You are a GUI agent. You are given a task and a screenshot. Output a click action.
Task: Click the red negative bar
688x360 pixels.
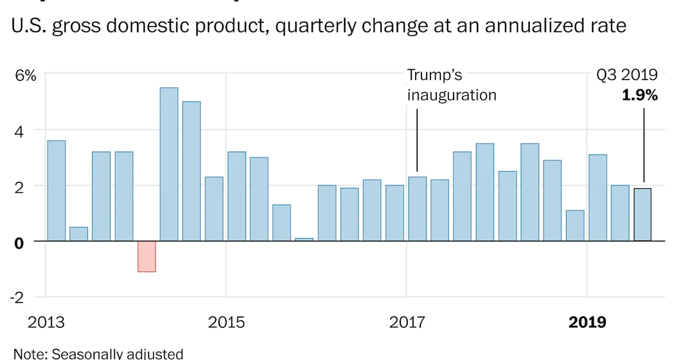click(x=147, y=256)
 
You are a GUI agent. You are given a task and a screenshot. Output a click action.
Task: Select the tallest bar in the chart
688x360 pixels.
click(x=169, y=165)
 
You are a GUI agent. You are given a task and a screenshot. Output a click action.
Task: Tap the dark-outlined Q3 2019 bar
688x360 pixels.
click(x=642, y=215)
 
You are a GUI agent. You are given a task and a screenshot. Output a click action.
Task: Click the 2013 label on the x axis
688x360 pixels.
click(x=46, y=322)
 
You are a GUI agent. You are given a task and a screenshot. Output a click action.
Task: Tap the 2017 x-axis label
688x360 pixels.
click(x=408, y=322)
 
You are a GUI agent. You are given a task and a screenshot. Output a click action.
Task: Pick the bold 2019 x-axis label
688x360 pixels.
click(x=587, y=322)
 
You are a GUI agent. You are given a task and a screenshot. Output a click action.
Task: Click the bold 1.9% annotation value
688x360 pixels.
click(x=640, y=96)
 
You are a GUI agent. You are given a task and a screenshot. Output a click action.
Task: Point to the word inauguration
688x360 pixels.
click(x=452, y=95)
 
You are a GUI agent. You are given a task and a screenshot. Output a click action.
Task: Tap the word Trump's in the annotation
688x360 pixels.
click(x=435, y=76)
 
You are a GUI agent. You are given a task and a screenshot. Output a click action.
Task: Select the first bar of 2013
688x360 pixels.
click(x=56, y=191)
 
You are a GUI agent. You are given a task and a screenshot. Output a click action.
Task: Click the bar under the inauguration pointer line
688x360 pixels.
click(x=417, y=209)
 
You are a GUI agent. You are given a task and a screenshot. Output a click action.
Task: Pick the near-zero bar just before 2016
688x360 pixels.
click(x=304, y=239)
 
